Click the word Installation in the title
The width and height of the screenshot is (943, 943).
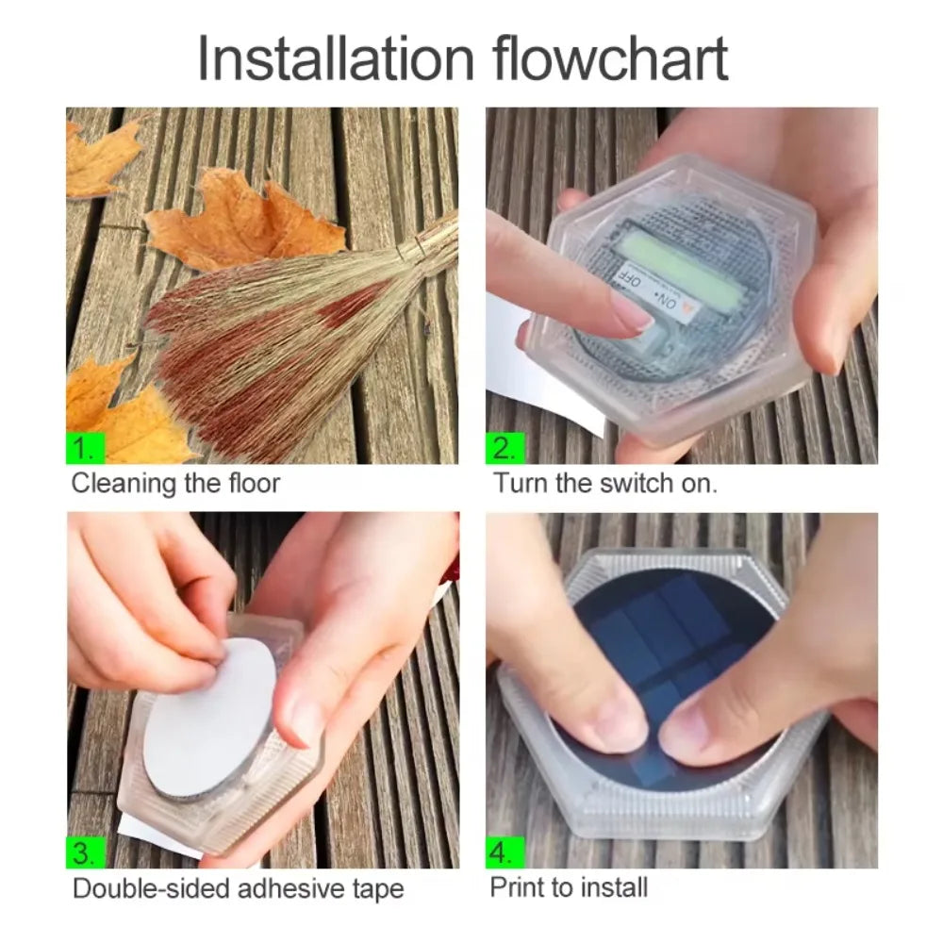coord(336,58)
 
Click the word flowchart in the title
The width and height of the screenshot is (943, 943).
coord(610,58)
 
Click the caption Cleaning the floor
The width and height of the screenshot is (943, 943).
coord(176,485)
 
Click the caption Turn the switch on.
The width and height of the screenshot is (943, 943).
coord(605,485)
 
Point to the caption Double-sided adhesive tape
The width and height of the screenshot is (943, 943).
coord(238,888)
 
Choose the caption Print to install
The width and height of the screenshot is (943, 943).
coord(569,887)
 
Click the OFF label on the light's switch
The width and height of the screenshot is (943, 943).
coord(633,279)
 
